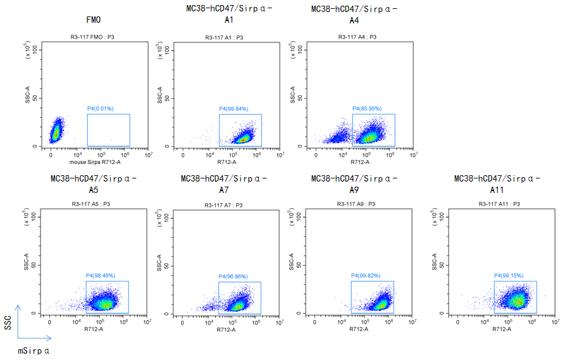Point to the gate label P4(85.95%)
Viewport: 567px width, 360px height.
coord(367,109)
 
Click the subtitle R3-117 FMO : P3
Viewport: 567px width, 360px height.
coord(92,37)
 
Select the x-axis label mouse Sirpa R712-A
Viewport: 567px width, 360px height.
coord(92,163)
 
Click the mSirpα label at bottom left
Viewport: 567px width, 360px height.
coord(34,349)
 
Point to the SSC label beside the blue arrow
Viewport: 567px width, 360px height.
coord(8,323)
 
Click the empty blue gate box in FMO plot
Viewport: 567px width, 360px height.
coord(108,130)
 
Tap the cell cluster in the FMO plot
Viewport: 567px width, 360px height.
coord(56,132)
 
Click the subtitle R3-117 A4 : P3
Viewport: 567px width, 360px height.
coord(358,37)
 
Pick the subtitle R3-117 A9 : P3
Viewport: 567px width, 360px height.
coord(358,204)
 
